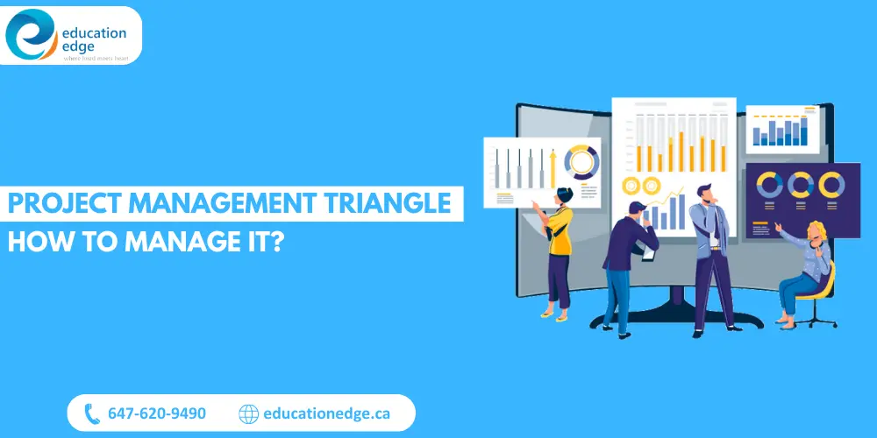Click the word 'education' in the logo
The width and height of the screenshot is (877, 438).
click(x=94, y=32)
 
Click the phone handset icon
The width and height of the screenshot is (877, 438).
click(x=92, y=413)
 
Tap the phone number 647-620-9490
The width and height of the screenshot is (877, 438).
click(x=157, y=413)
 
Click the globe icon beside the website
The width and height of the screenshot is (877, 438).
click(x=249, y=413)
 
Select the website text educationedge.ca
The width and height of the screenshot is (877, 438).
click(x=326, y=413)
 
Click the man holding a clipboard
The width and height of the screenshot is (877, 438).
click(x=627, y=263)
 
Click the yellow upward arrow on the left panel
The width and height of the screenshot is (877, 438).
click(x=553, y=167)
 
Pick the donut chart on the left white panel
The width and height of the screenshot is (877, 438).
click(x=581, y=161)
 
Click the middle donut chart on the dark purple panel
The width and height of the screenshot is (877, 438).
click(x=800, y=185)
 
